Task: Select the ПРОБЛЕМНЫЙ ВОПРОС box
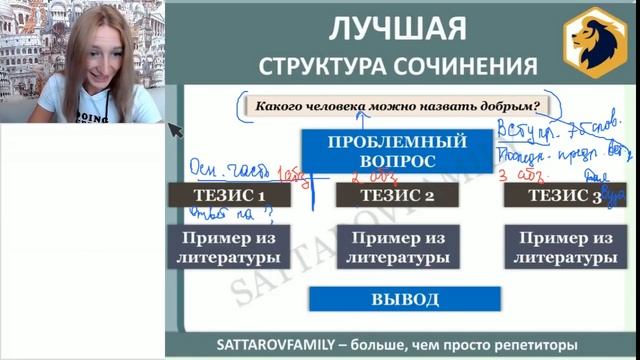[370, 151]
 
